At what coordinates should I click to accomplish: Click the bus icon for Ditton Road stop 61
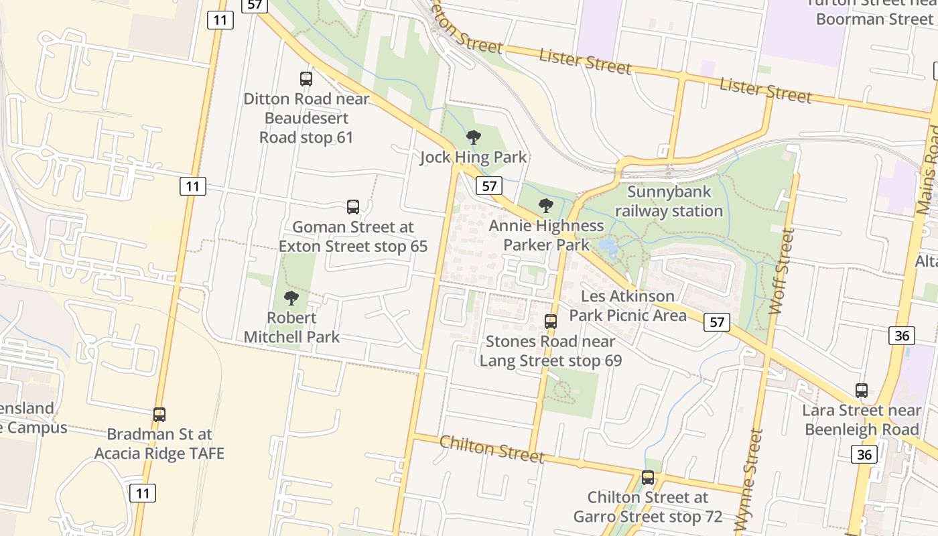pos(306,79)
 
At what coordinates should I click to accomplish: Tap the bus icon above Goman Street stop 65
pos(353,207)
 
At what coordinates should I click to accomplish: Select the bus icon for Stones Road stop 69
pos(551,322)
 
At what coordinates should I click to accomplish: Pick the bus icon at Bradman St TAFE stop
pos(159,415)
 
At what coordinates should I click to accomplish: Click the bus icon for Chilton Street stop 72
pos(648,478)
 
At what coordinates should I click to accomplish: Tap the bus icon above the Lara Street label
pos(862,391)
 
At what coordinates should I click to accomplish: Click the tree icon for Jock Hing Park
pos(474,138)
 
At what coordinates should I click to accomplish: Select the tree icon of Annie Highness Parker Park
pos(546,206)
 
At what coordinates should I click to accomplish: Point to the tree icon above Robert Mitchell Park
pos(291,298)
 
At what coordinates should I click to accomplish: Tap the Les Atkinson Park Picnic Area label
pos(628,306)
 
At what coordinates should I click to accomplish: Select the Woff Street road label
pos(782,271)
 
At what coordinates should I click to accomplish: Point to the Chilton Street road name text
pos(492,449)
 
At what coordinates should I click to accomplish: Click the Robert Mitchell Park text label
pos(291,327)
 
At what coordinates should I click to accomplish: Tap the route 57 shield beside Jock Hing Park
pos(490,186)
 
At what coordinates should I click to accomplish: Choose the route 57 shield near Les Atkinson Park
pos(717,322)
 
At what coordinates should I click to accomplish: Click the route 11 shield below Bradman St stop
pos(143,493)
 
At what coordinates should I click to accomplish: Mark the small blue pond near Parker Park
pos(608,248)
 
